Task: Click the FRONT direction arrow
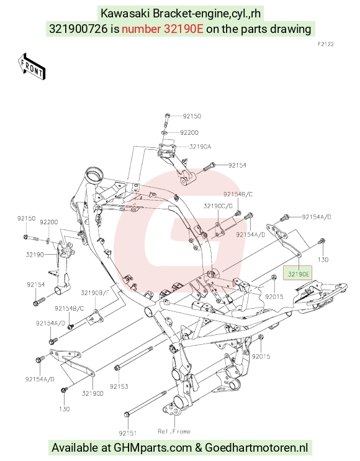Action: click(32, 66)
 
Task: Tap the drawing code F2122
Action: click(326, 44)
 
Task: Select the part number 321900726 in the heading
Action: click(78, 29)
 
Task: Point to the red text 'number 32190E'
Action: click(163, 29)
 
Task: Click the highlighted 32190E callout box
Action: click(298, 273)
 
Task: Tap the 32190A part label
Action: click(200, 147)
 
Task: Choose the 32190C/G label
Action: click(218, 206)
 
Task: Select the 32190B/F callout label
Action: click(95, 293)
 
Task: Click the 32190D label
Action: click(92, 393)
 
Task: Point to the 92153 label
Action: click(119, 386)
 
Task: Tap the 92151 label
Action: click(128, 433)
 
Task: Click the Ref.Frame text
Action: click(174, 431)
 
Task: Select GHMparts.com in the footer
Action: click(153, 448)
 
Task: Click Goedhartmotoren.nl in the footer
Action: click(256, 448)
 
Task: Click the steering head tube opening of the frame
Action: click(94, 176)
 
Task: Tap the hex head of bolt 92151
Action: click(127, 414)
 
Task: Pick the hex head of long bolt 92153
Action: click(117, 368)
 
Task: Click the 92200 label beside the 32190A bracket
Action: click(189, 132)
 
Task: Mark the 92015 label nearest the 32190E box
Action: click(274, 296)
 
